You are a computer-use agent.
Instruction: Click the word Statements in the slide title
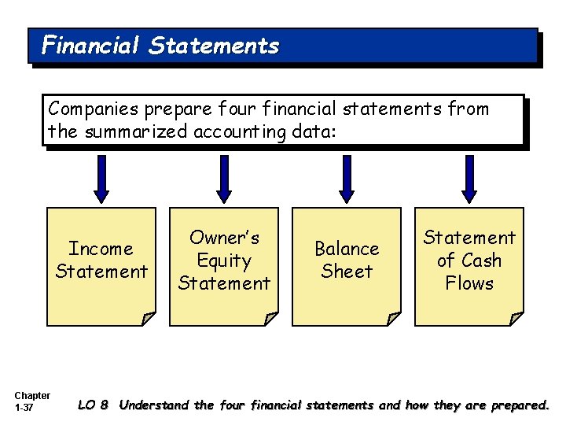click(x=213, y=45)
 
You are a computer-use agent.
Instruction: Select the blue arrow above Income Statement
click(x=101, y=178)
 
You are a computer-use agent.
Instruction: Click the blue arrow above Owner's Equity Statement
click(x=225, y=178)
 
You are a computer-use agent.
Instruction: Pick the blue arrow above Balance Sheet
click(x=347, y=178)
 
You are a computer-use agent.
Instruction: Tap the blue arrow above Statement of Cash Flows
click(x=469, y=178)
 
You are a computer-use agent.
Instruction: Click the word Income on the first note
click(x=101, y=249)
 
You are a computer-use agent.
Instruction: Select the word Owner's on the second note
click(x=224, y=238)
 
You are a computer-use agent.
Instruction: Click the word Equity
click(x=224, y=261)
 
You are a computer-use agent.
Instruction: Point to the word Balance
click(x=347, y=249)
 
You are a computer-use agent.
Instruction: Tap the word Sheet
click(x=347, y=272)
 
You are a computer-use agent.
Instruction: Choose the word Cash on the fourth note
click(x=480, y=261)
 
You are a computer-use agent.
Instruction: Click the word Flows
click(x=469, y=283)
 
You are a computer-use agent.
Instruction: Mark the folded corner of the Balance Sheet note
click(x=393, y=319)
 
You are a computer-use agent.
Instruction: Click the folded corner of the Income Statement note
click(x=149, y=319)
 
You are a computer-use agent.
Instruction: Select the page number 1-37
click(x=24, y=407)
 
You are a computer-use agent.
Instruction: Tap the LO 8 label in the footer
click(x=93, y=406)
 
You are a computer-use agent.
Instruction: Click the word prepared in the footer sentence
click(x=519, y=406)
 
